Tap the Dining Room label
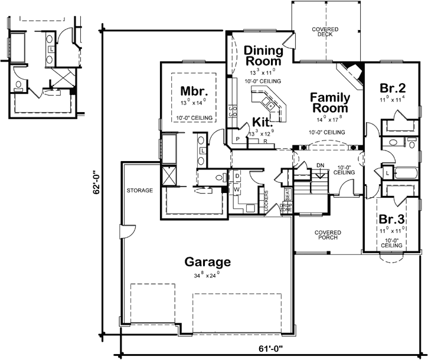(263, 55)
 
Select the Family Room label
(330, 103)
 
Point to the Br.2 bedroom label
(393, 89)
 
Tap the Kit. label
(262, 122)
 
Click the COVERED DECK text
(325, 31)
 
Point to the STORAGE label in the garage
(139, 191)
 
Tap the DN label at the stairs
(321, 166)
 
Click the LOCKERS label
(267, 201)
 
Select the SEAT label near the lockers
(287, 194)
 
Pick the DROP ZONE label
(286, 207)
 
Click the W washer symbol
(237, 189)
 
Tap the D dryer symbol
(237, 176)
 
